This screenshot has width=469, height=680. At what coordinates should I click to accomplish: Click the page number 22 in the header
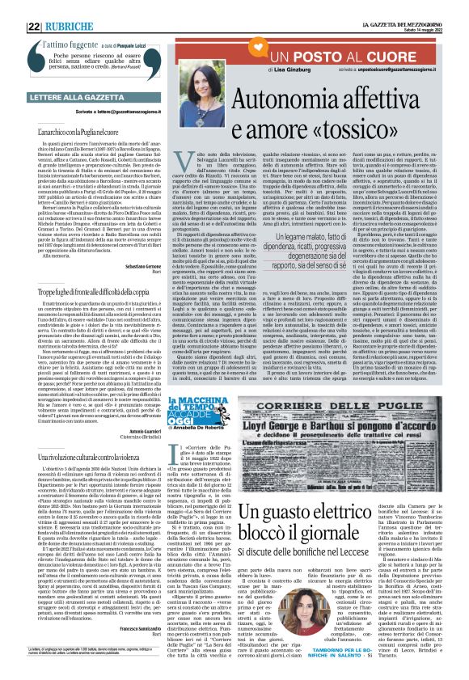point(34,7)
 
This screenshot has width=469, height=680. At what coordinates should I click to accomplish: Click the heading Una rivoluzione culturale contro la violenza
point(90,458)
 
